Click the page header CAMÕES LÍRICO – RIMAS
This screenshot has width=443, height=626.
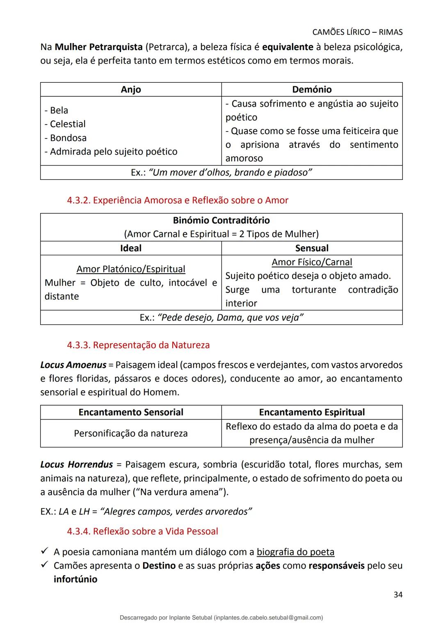coord(357,32)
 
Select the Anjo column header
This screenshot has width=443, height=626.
coord(131,89)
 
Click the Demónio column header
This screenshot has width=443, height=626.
coord(312,89)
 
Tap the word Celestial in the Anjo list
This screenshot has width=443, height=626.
coord(67,124)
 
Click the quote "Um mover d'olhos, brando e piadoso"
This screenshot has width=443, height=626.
coord(230,172)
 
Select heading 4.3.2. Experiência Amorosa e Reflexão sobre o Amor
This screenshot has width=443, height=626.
coord(177,200)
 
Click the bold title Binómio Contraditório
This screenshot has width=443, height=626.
coord(221,220)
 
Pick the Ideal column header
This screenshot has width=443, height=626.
coord(131,248)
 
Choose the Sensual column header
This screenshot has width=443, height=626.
coord(312,248)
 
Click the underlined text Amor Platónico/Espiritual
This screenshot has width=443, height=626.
coord(131,269)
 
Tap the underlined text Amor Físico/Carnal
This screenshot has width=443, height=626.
coord(312,262)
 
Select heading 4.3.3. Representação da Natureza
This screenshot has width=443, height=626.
coord(138,345)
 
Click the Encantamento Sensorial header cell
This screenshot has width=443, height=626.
coord(131,413)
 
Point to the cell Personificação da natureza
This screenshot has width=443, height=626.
coord(131,433)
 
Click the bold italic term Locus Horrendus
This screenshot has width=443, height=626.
coord(76,465)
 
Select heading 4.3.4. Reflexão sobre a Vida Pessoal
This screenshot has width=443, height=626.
coord(142,531)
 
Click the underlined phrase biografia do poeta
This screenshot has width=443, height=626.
coord(295,552)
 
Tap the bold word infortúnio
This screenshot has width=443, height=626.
coord(75,579)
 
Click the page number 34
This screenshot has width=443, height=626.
coord(397,595)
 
